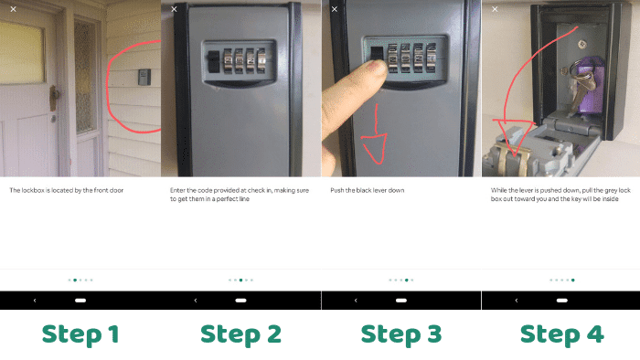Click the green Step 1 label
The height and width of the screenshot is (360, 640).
[x=80, y=334]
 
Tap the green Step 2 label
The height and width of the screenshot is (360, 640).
[x=240, y=334]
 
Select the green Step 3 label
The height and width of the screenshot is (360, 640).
[x=401, y=334]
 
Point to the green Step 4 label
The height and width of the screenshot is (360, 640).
[x=561, y=334]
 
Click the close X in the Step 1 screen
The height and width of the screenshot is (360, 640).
[x=13, y=9]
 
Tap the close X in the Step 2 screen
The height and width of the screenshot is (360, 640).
[x=173, y=9]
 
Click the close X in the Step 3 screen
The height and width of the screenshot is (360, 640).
[x=334, y=9]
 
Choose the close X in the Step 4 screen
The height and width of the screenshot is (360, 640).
[x=494, y=9]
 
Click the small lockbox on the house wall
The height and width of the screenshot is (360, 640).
[x=144, y=75]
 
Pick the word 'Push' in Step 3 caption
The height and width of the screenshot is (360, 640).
[x=338, y=190]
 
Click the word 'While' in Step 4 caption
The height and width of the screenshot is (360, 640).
[x=499, y=190]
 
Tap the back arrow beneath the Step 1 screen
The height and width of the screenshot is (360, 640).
[x=35, y=300]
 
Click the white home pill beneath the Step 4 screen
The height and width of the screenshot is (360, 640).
[x=561, y=300]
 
